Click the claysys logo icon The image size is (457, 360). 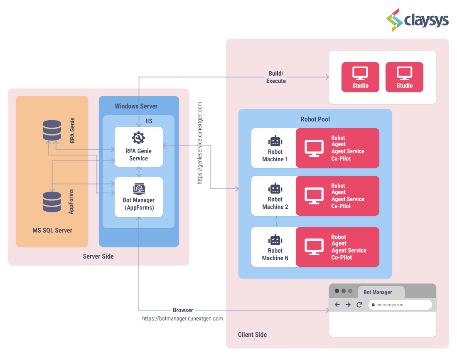point(395,20)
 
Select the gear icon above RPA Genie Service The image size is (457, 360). point(138,138)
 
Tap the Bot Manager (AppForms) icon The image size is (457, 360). point(139,189)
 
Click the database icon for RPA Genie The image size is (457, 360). point(52,131)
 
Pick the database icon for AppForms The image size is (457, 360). point(52,202)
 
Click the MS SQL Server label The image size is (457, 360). point(52,230)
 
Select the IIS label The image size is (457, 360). point(149,121)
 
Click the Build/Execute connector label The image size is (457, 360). point(276,77)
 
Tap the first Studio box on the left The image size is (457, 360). point(360,77)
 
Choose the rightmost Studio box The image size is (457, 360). point(404,77)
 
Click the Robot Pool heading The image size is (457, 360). point(315,119)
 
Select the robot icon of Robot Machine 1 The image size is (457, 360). point(275,141)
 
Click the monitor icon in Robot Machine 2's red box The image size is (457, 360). point(314,196)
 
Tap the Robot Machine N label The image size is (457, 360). point(275,254)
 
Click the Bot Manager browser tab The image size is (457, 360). point(378,292)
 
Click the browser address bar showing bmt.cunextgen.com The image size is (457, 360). point(400,305)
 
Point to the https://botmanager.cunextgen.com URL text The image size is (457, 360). point(182,319)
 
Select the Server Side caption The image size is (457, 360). point(98,256)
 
